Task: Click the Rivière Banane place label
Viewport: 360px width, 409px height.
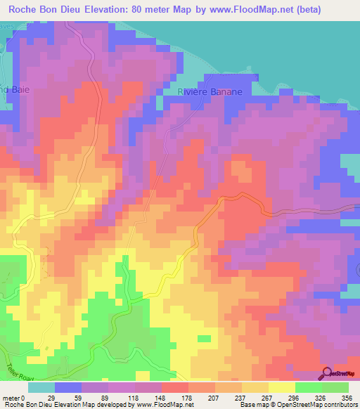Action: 210,92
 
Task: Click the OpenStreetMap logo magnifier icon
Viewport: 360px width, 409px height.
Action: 328,373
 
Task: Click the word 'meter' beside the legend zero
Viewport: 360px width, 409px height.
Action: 11,397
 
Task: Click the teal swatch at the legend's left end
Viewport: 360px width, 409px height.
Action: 41,387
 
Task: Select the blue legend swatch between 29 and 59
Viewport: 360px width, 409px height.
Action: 68,387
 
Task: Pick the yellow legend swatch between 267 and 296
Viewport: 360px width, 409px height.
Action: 282,387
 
